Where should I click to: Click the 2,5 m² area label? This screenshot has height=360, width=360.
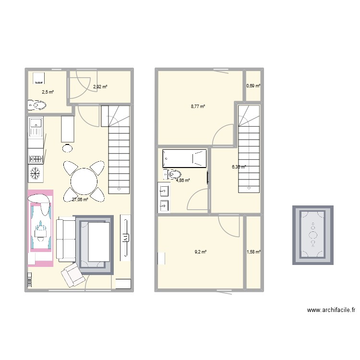[x=48, y=92]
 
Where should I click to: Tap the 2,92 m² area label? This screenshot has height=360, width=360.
[x=100, y=87]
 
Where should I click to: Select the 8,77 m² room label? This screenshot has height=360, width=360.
[x=198, y=107]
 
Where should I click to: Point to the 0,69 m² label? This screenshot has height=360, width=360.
[x=253, y=86]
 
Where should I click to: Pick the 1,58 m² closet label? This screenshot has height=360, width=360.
[x=253, y=252]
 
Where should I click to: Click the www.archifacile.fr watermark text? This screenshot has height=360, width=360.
[x=331, y=311]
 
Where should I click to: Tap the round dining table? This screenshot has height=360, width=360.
[x=84, y=181]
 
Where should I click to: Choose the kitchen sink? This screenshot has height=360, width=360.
[x=35, y=127]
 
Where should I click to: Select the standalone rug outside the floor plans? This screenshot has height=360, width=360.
[x=313, y=235]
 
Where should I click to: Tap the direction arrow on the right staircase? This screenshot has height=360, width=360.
[x=249, y=188]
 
